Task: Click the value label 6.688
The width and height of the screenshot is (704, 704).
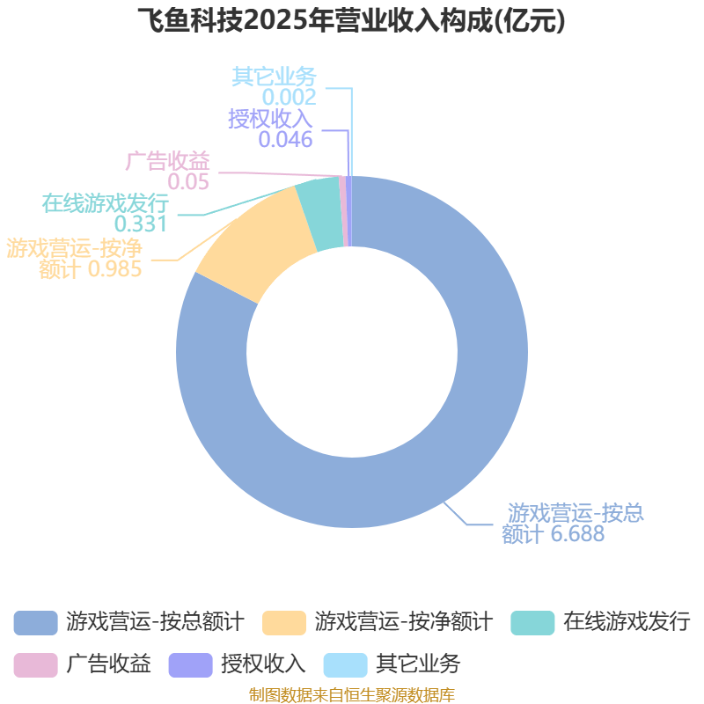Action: point(578,534)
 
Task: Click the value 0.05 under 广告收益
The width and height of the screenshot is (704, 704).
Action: point(188,182)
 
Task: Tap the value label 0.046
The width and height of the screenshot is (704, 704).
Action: point(285,139)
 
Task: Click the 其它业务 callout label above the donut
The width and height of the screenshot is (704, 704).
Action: point(275,77)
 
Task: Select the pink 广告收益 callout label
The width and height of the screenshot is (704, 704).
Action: point(168,162)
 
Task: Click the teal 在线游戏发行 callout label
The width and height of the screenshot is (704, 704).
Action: point(106,203)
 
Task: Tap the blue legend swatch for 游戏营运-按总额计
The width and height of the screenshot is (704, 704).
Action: point(35,622)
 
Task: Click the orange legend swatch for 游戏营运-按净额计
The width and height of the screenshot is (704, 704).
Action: point(284,622)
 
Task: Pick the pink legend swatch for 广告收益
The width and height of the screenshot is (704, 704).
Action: point(35,664)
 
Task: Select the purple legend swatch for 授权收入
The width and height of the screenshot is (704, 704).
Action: point(190,664)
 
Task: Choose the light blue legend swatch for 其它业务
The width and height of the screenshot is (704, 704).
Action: point(346,664)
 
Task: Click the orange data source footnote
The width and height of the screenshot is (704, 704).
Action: point(352,694)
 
